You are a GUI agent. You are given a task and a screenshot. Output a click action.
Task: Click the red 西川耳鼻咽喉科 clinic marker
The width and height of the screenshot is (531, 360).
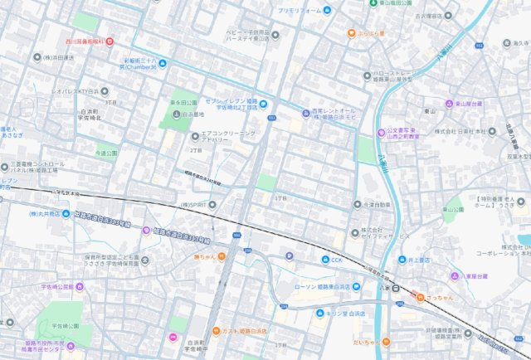(110, 41)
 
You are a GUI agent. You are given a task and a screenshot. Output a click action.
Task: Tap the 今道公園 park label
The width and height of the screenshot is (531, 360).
(105, 153)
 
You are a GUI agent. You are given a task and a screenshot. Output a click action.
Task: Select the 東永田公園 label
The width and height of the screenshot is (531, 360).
(183, 103)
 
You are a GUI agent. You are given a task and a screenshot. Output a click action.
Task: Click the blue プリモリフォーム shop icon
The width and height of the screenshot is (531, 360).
(327, 10)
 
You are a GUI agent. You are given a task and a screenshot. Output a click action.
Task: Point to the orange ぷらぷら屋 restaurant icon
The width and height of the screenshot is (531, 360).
(352, 34)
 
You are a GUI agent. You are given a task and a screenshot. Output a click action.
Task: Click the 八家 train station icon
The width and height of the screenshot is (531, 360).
(398, 288)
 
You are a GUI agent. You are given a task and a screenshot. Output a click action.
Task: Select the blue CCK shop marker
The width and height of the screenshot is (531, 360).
(325, 260)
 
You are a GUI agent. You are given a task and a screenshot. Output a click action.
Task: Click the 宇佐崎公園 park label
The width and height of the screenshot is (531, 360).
(62, 326)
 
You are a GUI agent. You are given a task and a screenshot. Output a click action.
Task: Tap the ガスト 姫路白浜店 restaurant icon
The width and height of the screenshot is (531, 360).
(217, 330)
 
